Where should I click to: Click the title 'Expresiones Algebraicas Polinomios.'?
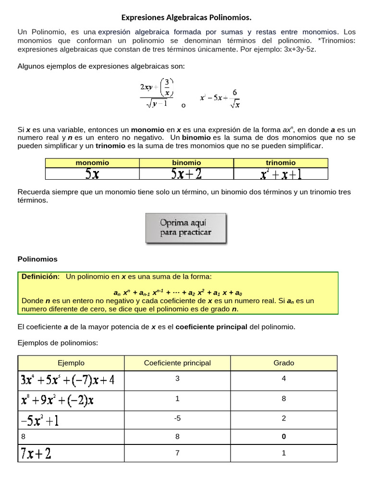tap(186, 18)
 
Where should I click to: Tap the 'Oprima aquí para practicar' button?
tap(186, 228)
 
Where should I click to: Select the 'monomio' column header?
tap(92, 163)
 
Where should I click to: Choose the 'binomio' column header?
tap(186, 163)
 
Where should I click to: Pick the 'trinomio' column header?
tap(281, 163)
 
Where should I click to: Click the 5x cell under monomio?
tap(92, 174)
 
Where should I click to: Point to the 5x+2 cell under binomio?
tap(187, 174)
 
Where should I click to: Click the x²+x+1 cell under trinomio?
tap(281, 174)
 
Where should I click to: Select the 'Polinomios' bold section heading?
tap(37, 259)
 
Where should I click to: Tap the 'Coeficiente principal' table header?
tap(177, 363)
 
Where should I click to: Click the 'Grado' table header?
tap(283, 363)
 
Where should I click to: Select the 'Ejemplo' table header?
tap(71, 363)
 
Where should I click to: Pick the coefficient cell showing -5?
tap(177, 418)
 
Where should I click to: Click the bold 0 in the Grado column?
tap(283, 437)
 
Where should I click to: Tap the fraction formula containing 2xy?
tap(157, 93)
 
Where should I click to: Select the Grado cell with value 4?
tap(283, 379)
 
